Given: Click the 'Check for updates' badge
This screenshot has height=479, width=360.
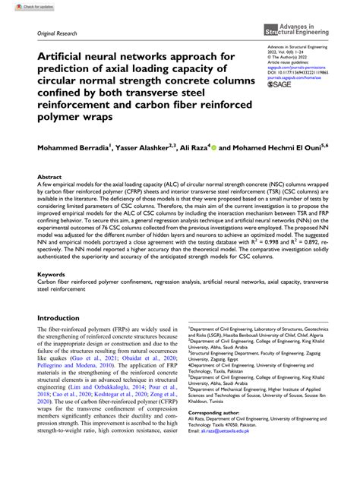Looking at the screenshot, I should coord(21,5).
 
